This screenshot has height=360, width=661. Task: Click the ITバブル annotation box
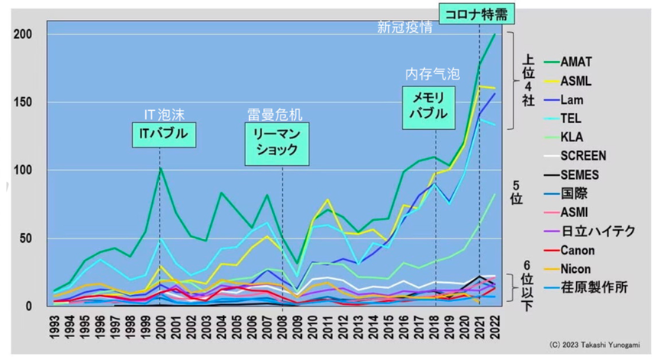(x=160, y=135)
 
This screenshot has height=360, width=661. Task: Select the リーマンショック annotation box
(x=276, y=141)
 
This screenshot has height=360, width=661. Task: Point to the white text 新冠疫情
(x=405, y=28)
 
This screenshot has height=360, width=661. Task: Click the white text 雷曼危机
(x=275, y=113)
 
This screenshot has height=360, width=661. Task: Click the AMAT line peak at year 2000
(x=160, y=168)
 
